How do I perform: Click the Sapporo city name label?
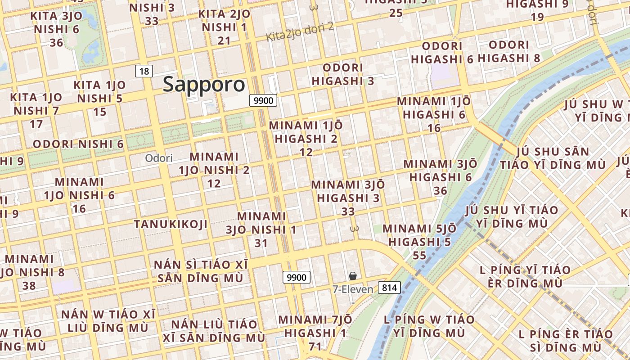pyautogui.click(x=204, y=84)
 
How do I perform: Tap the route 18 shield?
pyautogui.click(x=144, y=71)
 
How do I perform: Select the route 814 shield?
pyautogui.click(x=389, y=287)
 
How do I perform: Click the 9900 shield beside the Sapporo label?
pyautogui.click(x=263, y=100)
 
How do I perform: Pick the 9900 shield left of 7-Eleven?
pyautogui.click(x=297, y=277)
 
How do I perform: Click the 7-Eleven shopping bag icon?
pyautogui.click(x=353, y=275)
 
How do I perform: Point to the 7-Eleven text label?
pyautogui.click(x=353, y=289)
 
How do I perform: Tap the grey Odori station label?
pyautogui.click(x=158, y=158)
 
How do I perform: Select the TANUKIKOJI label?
pyautogui.click(x=171, y=224)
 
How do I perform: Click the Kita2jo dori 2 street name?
pyautogui.click(x=300, y=31)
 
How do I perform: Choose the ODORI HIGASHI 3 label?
pyautogui.click(x=343, y=74)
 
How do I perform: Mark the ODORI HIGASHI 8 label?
pyautogui.click(x=509, y=51)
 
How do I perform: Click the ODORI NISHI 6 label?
pyautogui.click(x=78, y=144)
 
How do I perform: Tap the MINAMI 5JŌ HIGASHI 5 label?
pyautogui.click(x=419, y=235)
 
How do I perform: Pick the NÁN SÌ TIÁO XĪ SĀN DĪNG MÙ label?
pyautogui.click(x=198, y=271)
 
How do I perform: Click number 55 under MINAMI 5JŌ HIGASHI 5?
pyautogui.click(x=419, y=256)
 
